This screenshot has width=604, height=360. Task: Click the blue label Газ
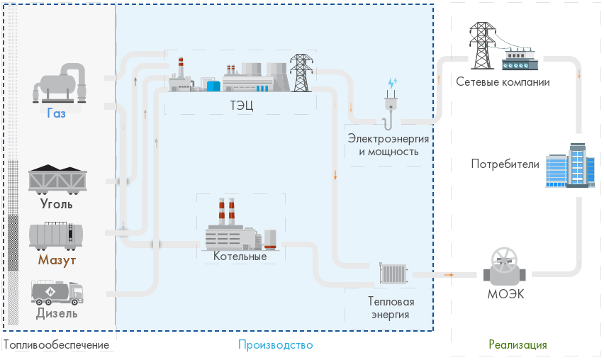[x=57, y=113]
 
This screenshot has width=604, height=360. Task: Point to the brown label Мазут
[x=57, y=260]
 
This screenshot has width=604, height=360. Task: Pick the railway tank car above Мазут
[x=57, y=235]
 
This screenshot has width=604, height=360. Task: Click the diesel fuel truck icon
[x=57, y=291]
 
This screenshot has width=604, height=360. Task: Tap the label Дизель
[x=57, y=313]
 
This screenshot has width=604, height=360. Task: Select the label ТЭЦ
[x=242, y=106]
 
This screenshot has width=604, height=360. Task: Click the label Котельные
[x=240, y=257]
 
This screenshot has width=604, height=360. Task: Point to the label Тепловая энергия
[x=390, y=308]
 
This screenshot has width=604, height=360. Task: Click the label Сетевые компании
[x=503, y=82]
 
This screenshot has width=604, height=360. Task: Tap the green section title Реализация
[x=518, y=345]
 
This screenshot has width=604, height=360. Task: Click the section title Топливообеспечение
[x=57, y=345]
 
